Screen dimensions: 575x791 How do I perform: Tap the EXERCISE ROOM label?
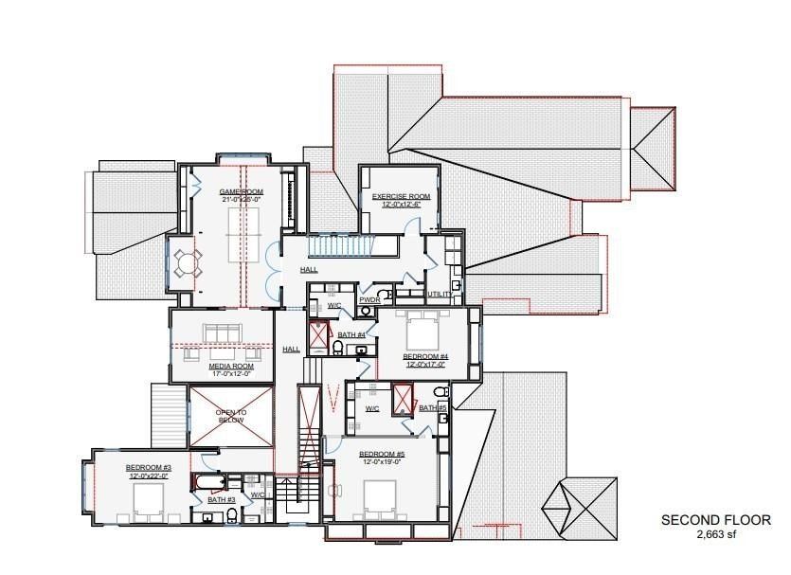pos(401,197)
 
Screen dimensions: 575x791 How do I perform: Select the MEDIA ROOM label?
pos(231,366)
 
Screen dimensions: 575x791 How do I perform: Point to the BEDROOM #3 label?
pos(148,468)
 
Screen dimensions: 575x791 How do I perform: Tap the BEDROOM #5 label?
pos(381,454)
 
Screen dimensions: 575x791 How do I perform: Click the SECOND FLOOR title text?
pos(715,520)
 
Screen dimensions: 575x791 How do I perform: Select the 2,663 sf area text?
pos(715,535)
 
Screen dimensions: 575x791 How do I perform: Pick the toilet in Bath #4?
pos(338,349)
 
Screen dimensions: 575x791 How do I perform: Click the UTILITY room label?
pos(440,295)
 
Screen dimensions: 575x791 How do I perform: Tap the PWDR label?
pos(369,300)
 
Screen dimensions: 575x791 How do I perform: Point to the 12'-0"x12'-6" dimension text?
pos(401,206)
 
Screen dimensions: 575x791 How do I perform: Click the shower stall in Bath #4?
pos(317,334)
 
